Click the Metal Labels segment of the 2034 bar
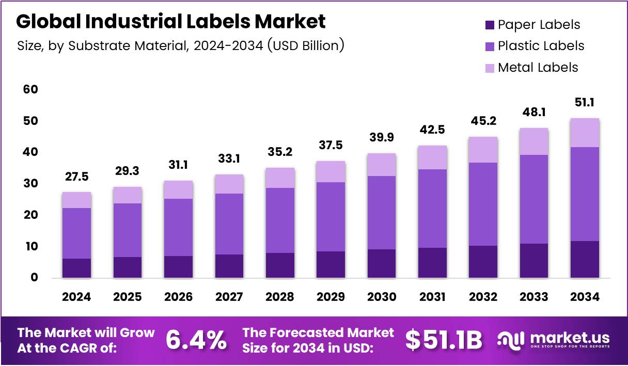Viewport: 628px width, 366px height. [585, 133]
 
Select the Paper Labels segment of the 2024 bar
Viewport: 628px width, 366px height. [76, 268]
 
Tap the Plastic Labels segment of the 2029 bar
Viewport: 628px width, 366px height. [331, 217]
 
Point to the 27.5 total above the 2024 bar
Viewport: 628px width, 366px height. [76, 177]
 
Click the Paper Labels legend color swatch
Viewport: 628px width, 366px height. [489, 25]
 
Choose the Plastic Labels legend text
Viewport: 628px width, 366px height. [541, 46]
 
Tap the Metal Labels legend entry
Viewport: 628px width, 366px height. [538, 67]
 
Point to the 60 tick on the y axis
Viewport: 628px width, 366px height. [30, 89]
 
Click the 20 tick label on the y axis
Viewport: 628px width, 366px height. [30, 215]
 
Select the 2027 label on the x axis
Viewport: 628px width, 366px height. [229, 297]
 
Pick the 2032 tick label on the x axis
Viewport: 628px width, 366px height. [483, 297]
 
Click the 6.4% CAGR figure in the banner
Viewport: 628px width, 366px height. [196, 340]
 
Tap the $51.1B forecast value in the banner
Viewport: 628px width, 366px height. [444, 340]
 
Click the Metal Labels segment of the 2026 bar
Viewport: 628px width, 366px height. [178, 189]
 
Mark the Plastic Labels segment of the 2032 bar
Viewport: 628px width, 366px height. [483, 204]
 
